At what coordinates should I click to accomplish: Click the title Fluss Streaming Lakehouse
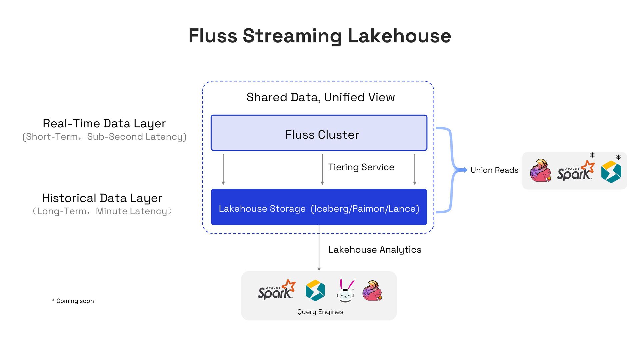pos(320,36)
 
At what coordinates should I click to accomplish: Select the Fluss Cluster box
pos(319,133)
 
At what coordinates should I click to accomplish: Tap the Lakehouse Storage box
pos(319,207)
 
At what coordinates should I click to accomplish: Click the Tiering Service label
pos(361,167)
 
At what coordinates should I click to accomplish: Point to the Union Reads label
pos(494,170)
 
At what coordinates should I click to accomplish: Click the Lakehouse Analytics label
pos(375,250)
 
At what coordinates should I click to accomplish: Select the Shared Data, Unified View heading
pos(321,97)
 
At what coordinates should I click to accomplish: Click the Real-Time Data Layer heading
pos(104,124)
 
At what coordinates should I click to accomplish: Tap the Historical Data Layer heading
pos(102,198)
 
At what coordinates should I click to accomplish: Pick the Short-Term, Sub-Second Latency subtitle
pos(104,137)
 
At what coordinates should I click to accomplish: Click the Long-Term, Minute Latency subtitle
pos(102,211)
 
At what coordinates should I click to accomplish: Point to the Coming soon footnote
pos(73,301)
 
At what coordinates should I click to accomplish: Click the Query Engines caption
pos(320,312)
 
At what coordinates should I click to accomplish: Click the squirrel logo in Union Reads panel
pos(540,170)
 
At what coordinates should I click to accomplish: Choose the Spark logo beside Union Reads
pos(576,171)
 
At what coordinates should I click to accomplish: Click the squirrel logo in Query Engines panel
pos(372,291)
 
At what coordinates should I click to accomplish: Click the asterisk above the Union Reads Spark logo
pos(592,155)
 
